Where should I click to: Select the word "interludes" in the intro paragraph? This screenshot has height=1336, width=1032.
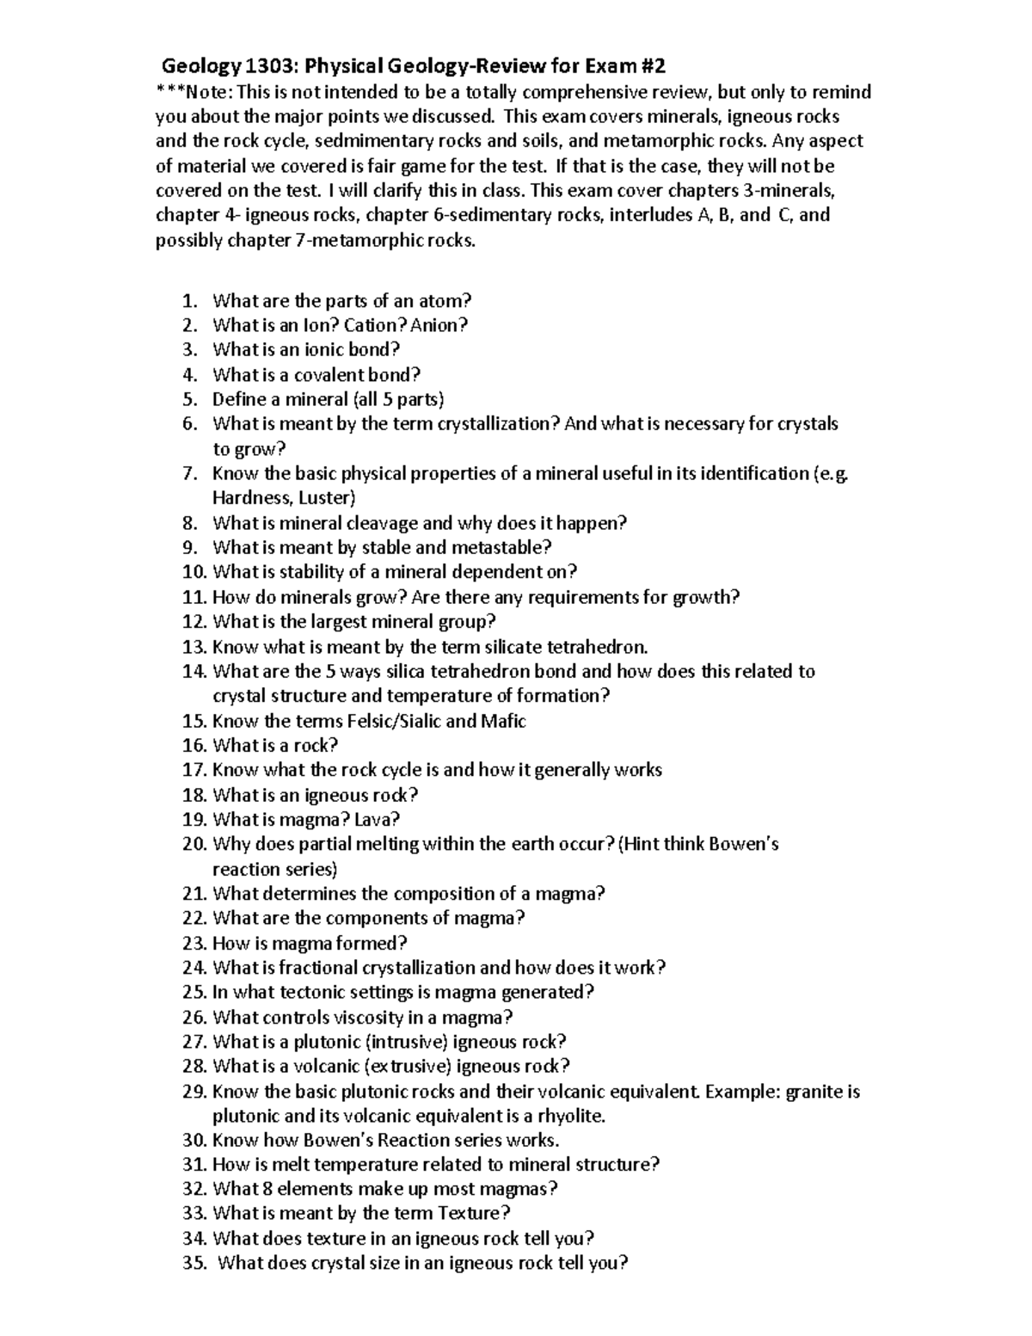[x=648, y=215]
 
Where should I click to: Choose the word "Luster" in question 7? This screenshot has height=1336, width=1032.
[x=327, y=498]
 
